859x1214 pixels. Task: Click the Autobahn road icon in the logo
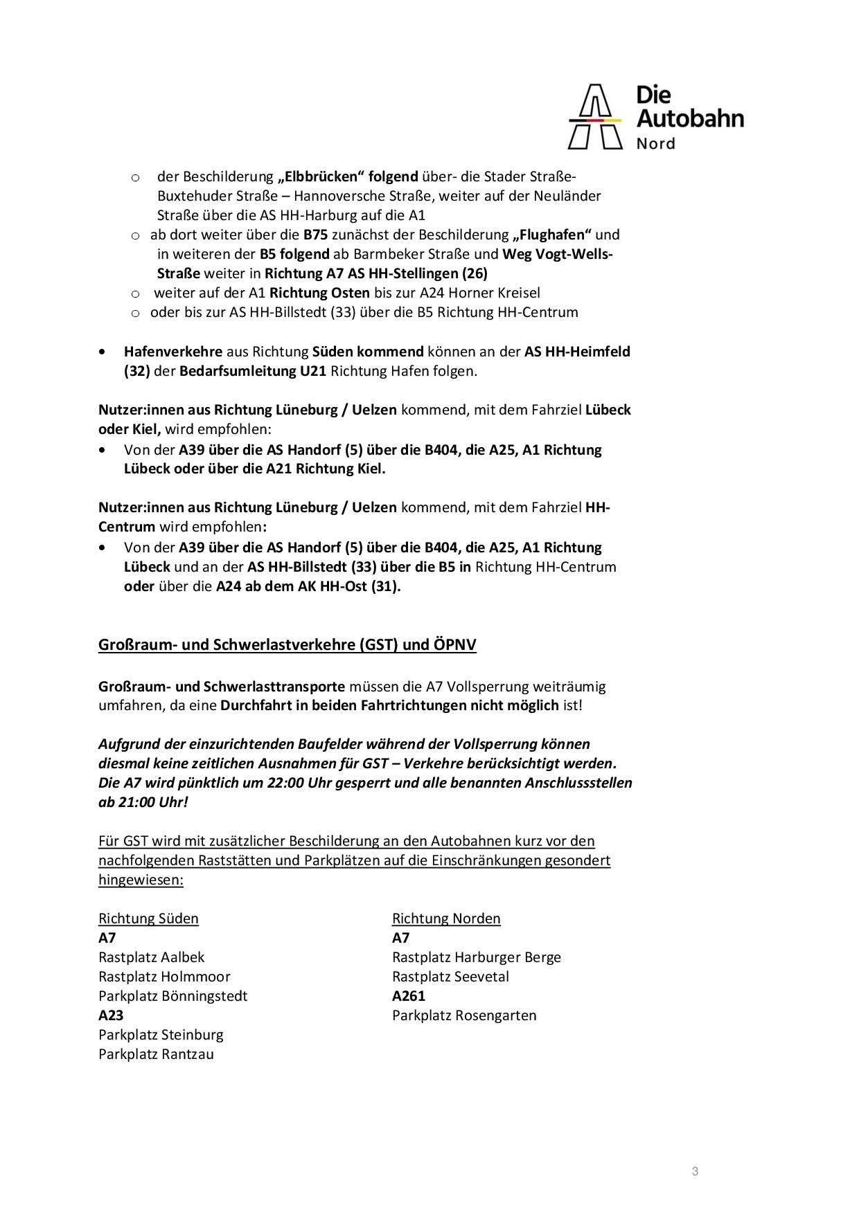click(595, 117)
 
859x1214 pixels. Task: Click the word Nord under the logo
click(655, 144)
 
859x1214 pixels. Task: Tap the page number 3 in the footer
click(695, 1172)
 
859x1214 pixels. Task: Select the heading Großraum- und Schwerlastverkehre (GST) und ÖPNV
click(287, 645)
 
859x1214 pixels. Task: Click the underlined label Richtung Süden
click(148, 918)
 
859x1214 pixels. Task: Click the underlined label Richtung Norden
click(446, 918)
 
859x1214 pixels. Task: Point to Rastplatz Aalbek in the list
click(152, 957)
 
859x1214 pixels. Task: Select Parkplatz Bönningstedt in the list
click(172, 996)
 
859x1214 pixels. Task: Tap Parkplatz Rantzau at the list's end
click(156, 1054)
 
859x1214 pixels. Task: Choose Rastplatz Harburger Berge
click(477, 957)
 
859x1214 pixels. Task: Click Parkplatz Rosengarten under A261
click(464, 1015)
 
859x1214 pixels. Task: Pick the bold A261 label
click(409, 996)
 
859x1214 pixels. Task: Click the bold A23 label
click(112, 1015)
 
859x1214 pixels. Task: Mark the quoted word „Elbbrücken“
click(321, 176)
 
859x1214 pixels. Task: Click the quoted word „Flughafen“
click(552, 235)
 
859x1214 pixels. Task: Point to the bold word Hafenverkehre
click(173, 352)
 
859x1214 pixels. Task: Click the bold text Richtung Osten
click(319, 293)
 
